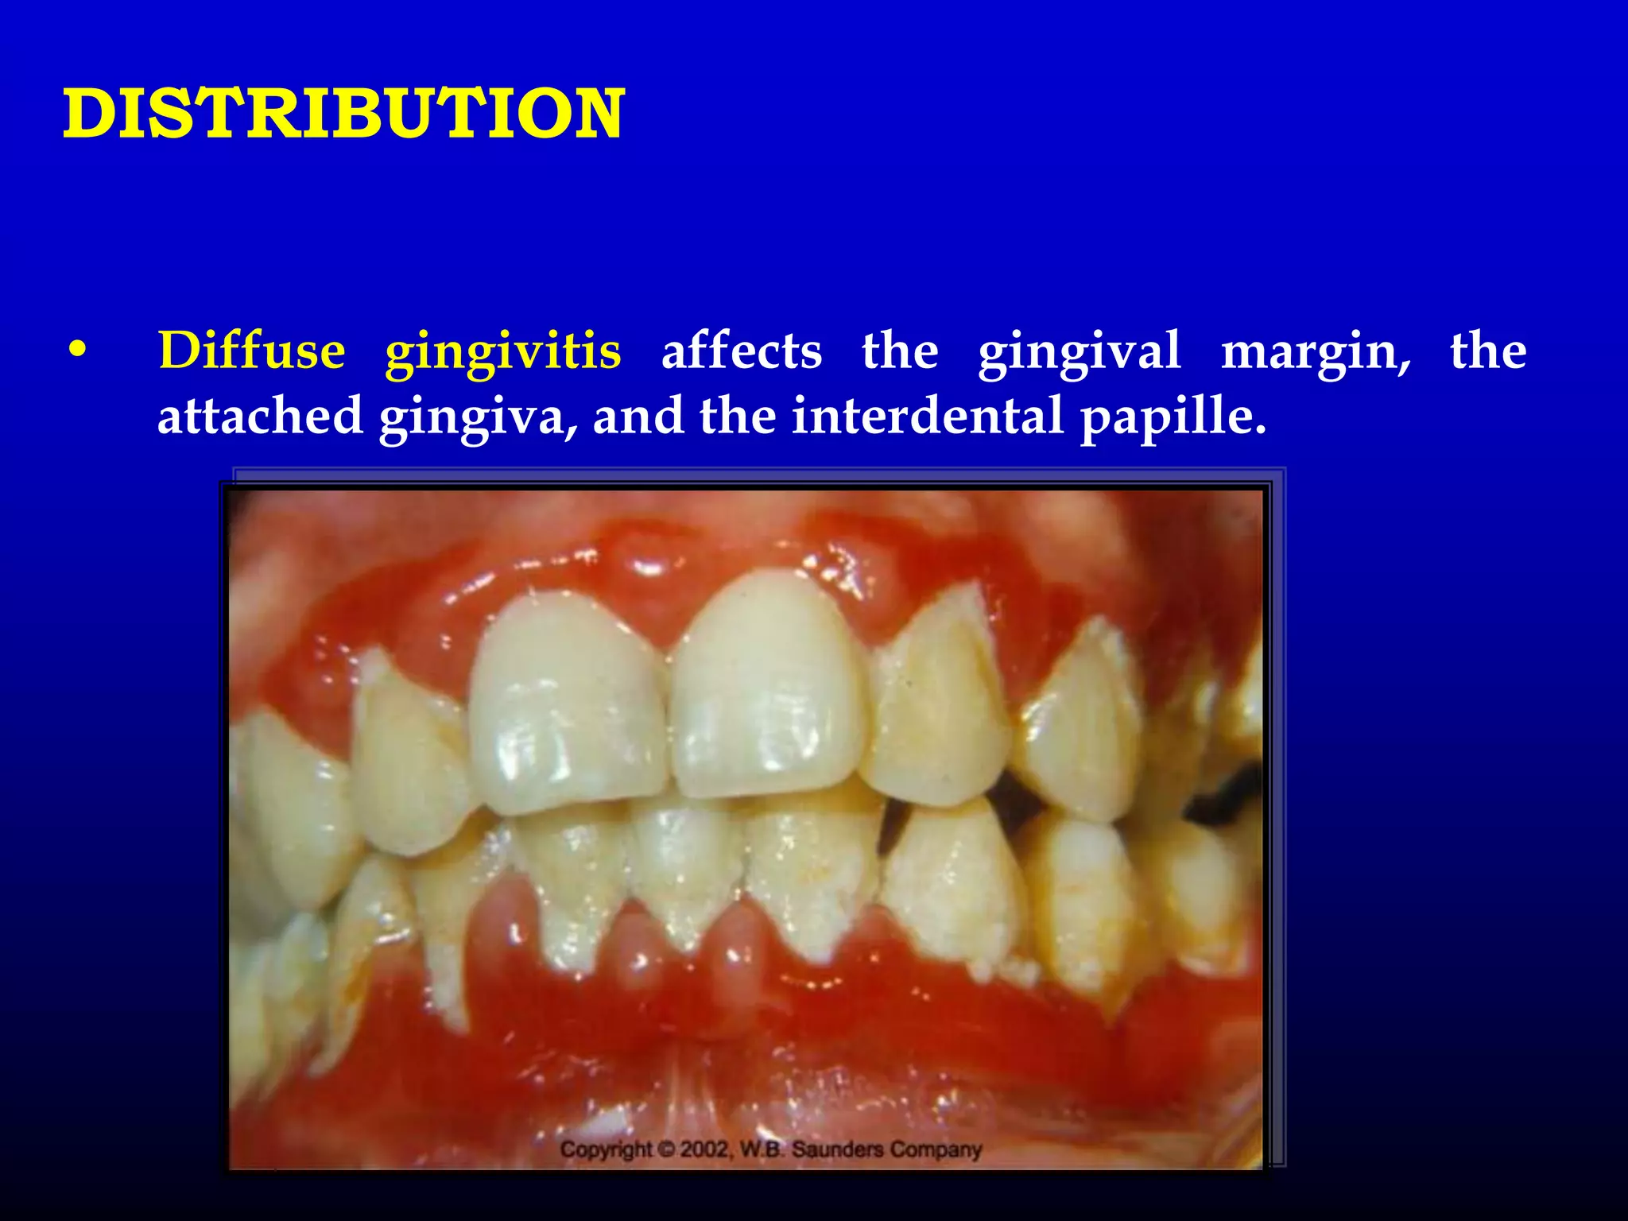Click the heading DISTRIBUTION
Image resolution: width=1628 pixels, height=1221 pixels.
tap(343, 114)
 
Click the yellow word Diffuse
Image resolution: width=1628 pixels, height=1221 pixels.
tap(251, 351)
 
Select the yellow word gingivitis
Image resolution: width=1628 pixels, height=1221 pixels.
tap(502, 352)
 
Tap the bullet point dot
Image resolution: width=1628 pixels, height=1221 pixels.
tap(77, 351)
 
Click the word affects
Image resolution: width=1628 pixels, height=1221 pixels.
tap(741, 351)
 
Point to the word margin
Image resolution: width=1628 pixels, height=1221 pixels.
tap(1315, 352)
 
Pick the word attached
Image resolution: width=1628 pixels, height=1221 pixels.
tap(259, 416)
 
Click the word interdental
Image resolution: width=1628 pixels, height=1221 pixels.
tap(927, 416)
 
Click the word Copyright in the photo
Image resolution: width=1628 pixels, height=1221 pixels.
tap(607, 1149)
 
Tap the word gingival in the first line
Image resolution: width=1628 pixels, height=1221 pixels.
tap(1080, 352)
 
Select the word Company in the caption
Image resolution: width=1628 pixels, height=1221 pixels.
tap(936, 1149)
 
